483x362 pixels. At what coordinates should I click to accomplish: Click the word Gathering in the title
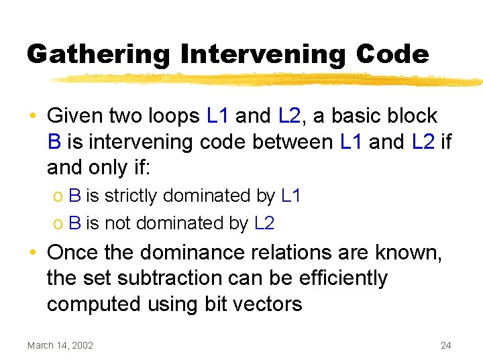coord(99,54)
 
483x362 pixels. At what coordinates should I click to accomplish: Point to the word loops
coord(171,116)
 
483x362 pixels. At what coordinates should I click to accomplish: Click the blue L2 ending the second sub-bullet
coord(265,223)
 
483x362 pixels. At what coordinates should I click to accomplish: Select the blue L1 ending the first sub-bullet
coord(292,196)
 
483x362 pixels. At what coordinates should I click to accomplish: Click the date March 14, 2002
coord(60,345)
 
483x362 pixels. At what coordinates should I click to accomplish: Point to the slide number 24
coord(445,345)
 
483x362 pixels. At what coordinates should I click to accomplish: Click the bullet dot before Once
coord(33,252)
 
